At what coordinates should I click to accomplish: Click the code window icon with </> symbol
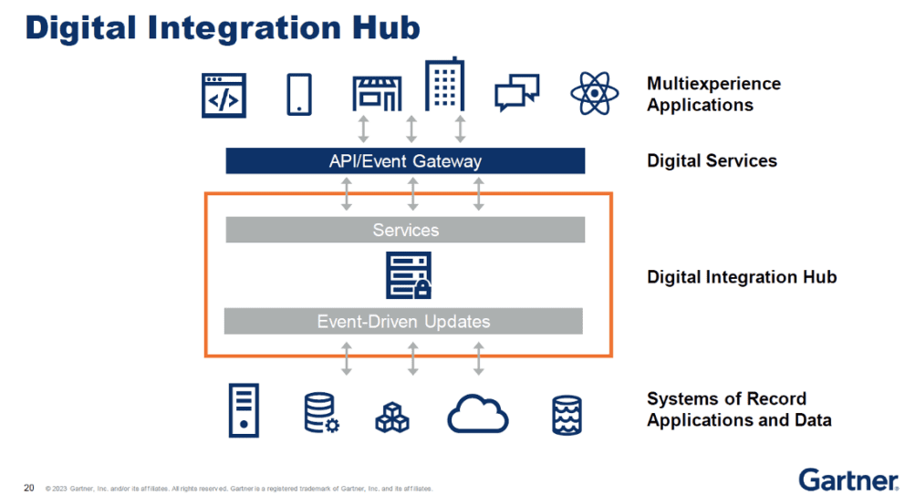224,95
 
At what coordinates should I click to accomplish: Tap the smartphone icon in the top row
299,94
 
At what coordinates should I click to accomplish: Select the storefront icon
377,95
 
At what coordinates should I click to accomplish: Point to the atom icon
594,93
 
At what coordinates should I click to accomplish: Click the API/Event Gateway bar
405,161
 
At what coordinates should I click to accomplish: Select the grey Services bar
405,230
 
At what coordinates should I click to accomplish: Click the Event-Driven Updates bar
403,321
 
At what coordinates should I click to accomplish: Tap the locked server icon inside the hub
408,275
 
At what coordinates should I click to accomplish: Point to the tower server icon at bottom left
244,411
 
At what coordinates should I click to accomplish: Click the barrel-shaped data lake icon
567,415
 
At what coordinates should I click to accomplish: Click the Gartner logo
848,479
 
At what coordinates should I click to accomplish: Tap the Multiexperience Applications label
713,94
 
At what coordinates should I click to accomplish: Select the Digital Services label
712,161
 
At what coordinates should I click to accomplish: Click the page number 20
29,487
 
